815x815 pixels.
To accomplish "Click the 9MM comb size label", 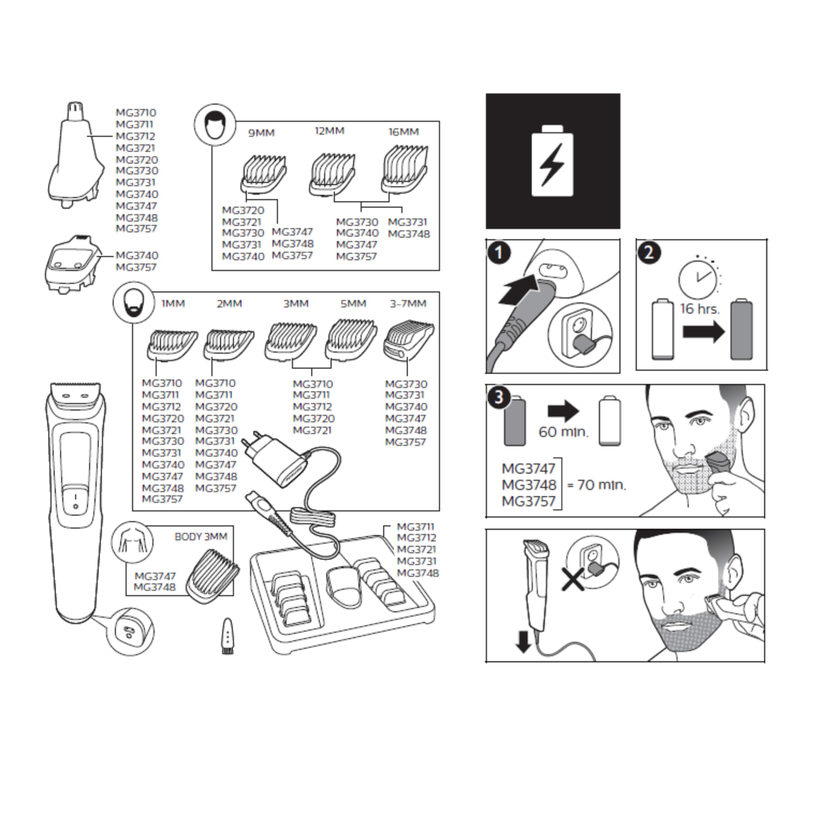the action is [261, 133].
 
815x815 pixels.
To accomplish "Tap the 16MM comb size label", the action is [404, 132].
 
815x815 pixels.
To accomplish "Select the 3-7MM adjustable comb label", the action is [408, 304].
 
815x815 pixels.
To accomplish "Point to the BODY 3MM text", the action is [201, 537].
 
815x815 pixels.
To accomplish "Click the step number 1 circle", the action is [499, 253].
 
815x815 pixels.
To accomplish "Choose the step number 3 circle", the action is [499, 397].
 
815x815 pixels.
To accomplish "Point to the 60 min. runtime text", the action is [564, 432].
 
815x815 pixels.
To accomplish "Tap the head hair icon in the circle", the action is [215, 124].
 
